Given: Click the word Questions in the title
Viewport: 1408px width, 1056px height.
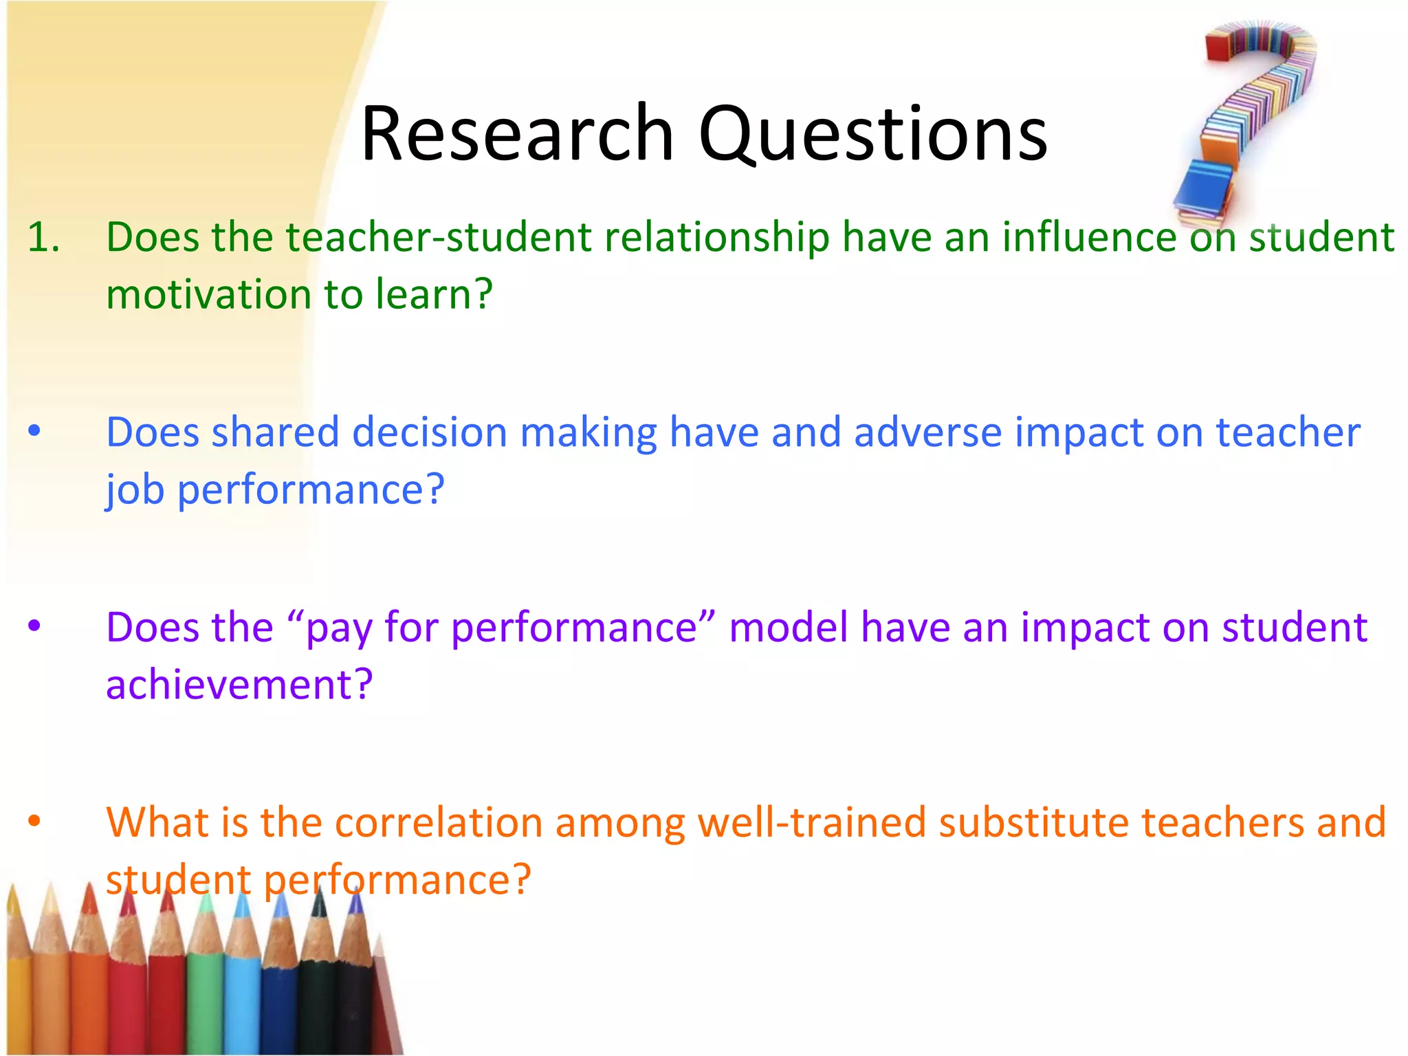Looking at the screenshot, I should [873, 134].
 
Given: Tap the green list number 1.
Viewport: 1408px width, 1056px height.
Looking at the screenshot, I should [43, 237].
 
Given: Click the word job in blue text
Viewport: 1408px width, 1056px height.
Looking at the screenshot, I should [135, 490].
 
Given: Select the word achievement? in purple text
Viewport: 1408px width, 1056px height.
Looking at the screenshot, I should [239, 685].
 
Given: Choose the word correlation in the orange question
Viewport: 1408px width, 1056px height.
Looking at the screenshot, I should [439, 822].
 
